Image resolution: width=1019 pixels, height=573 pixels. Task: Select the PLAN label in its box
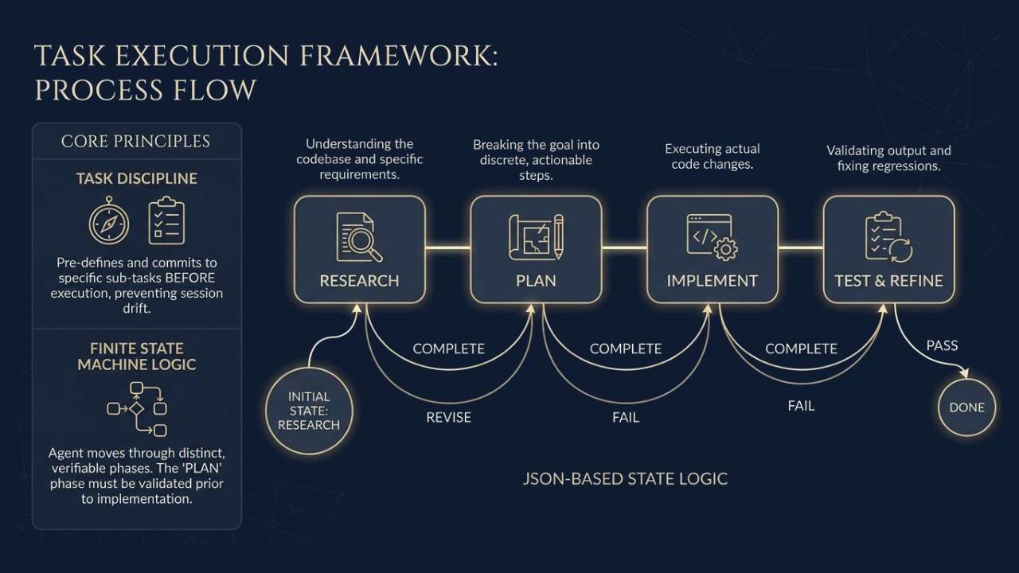pyautogui.click(x=536, y=280)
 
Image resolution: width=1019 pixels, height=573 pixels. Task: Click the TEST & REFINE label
pyautogui.click(x=888, y=280)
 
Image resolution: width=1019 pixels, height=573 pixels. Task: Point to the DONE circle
pyautogui.click(x=966, y=407)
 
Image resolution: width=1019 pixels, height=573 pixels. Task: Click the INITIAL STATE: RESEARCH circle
pyautogui.click(x=309, y=411)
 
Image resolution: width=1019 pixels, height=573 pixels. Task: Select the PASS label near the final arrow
pyautogui.click(x=942, y=345)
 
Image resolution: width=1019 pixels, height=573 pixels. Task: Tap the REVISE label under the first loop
pyautogui.click(x=448, y=417)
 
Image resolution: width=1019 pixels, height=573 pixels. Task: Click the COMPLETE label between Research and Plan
pyautogui.click(x=448, y=349)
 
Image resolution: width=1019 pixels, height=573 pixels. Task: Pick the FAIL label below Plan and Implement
pyautogui.click(x=625, y=417)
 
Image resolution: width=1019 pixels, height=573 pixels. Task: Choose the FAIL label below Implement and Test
pyautogui.click(x=801, y=406)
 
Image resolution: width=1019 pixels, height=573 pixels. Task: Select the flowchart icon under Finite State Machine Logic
pyautogui.click(x=137, y=408)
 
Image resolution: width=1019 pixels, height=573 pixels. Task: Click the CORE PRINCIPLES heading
pyautogui.click(x=136, y=142)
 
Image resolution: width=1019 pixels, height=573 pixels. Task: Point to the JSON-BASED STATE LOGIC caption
pyautogui.click(x=625, y=479)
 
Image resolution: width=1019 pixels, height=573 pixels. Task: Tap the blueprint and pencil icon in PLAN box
pyautogui.click(x=536, y=237)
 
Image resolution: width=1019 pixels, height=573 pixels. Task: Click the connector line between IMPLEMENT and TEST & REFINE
pyautogui.click(x=800, y=248)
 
